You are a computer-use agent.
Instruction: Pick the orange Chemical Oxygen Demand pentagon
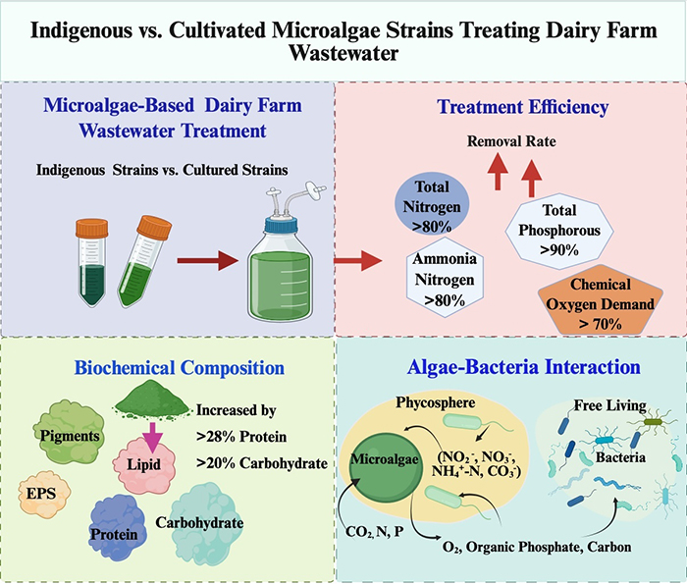[x=598, y=300]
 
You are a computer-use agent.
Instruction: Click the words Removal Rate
[x=510, y=143]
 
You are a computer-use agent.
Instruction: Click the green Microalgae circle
[x=387, y=459]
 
